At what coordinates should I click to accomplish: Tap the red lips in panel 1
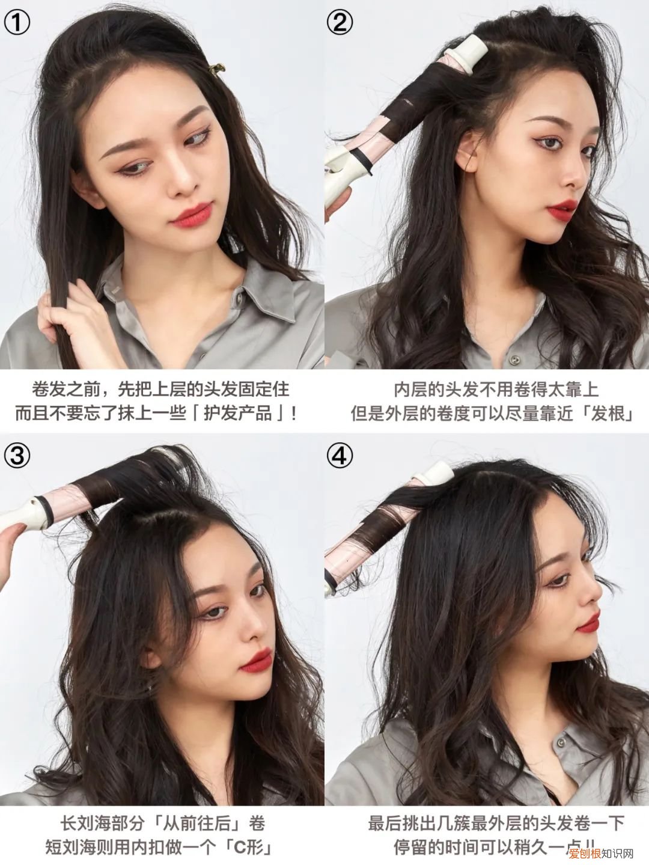tap(191, 215)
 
